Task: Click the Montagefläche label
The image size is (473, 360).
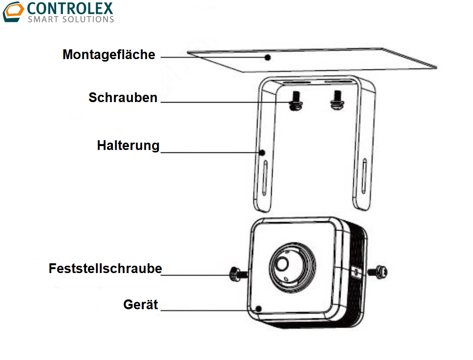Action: coord(108,54)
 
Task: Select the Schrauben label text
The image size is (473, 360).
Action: coord(123,98)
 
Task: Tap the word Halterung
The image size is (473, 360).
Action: coord(128,146)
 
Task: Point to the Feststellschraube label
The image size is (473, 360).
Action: coord(105,269)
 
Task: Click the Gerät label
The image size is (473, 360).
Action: coord(141,305)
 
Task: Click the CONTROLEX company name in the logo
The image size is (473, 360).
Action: coord(70,8)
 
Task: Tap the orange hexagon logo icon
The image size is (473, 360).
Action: coord(13,12)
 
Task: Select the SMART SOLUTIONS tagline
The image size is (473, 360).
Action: coord(71,20)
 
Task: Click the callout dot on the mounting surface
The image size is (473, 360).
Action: coord(268,58)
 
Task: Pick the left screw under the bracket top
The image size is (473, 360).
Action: coord(294,102)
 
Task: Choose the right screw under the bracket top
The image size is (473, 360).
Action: coord(336,100)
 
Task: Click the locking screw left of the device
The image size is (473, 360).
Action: coord(235,275)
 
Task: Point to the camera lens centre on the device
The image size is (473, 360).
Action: coord(282,264)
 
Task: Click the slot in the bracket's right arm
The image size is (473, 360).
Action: coord(365,174)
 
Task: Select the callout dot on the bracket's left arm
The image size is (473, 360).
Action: coord(262,152)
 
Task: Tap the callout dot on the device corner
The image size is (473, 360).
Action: coord(259,309)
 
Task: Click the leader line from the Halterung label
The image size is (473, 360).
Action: coord(210,152)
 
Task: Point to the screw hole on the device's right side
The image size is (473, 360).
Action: coord(355,272)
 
